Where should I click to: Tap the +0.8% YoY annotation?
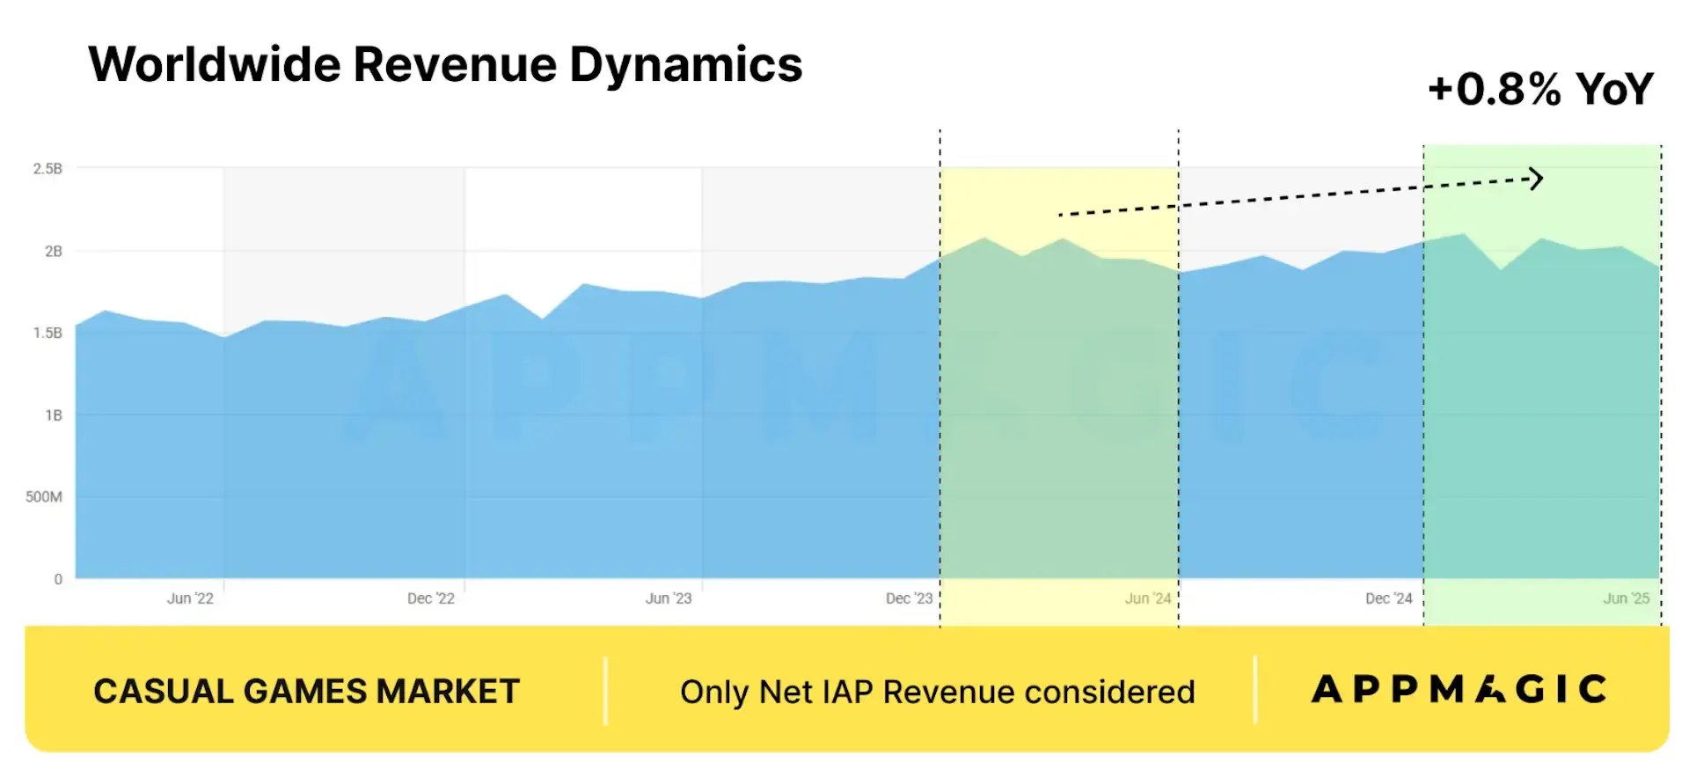(x=1540, y=89)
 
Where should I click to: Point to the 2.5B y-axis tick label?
(x=48, y=168)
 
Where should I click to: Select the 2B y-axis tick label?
(x=54, y=251)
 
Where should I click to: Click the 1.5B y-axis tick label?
(x=48, y=333)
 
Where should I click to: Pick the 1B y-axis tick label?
(x=54, y=415)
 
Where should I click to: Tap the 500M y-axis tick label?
(x=44, y=496)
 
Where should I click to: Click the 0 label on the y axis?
(x=58, y=579)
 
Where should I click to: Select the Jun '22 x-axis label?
(x=190, y=598)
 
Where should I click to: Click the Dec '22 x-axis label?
(x=430, y=598)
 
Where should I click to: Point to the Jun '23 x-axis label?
(x=669, y=598)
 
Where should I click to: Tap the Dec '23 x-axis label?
(x=909, y=598)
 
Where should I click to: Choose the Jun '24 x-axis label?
(x=1148, y=598)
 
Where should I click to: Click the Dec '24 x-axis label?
(x=1388, y=598)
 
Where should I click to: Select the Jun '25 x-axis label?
(x=1627, y=598)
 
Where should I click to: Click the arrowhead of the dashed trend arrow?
(x=1536, y=179)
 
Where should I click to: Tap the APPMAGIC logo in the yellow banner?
(x=1459, y=689)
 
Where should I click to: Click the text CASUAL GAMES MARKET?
(x=306, y=692)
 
